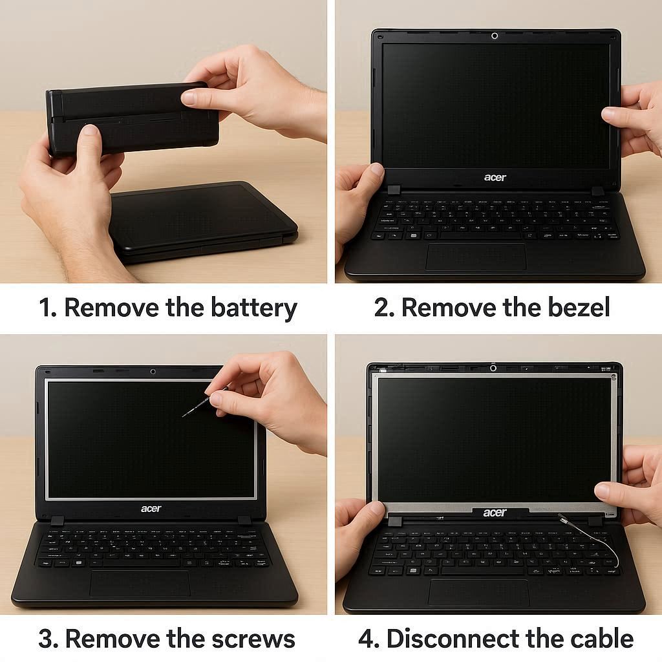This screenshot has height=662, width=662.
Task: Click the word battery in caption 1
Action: (253, 308)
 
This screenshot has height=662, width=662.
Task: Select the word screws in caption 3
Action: (253, 638)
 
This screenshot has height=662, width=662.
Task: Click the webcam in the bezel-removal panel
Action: (495, 36)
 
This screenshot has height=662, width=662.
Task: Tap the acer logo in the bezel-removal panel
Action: (495, 177)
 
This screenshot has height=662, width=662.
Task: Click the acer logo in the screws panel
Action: (151, 508)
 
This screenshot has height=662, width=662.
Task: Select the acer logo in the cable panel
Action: (495, 513)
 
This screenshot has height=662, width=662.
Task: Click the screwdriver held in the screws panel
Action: (206, 401)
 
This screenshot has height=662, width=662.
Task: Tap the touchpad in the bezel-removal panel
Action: (476, 256)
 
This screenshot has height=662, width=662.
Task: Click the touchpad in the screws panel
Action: (140, 584)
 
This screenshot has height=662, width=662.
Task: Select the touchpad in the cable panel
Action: (479, 593)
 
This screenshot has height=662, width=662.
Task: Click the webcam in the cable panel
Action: (493, 368)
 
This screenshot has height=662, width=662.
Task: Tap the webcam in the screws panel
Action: (153, 372)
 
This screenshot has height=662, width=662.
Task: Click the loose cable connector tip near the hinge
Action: (562, 518)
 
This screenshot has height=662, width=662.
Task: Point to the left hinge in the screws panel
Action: (57, 520)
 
